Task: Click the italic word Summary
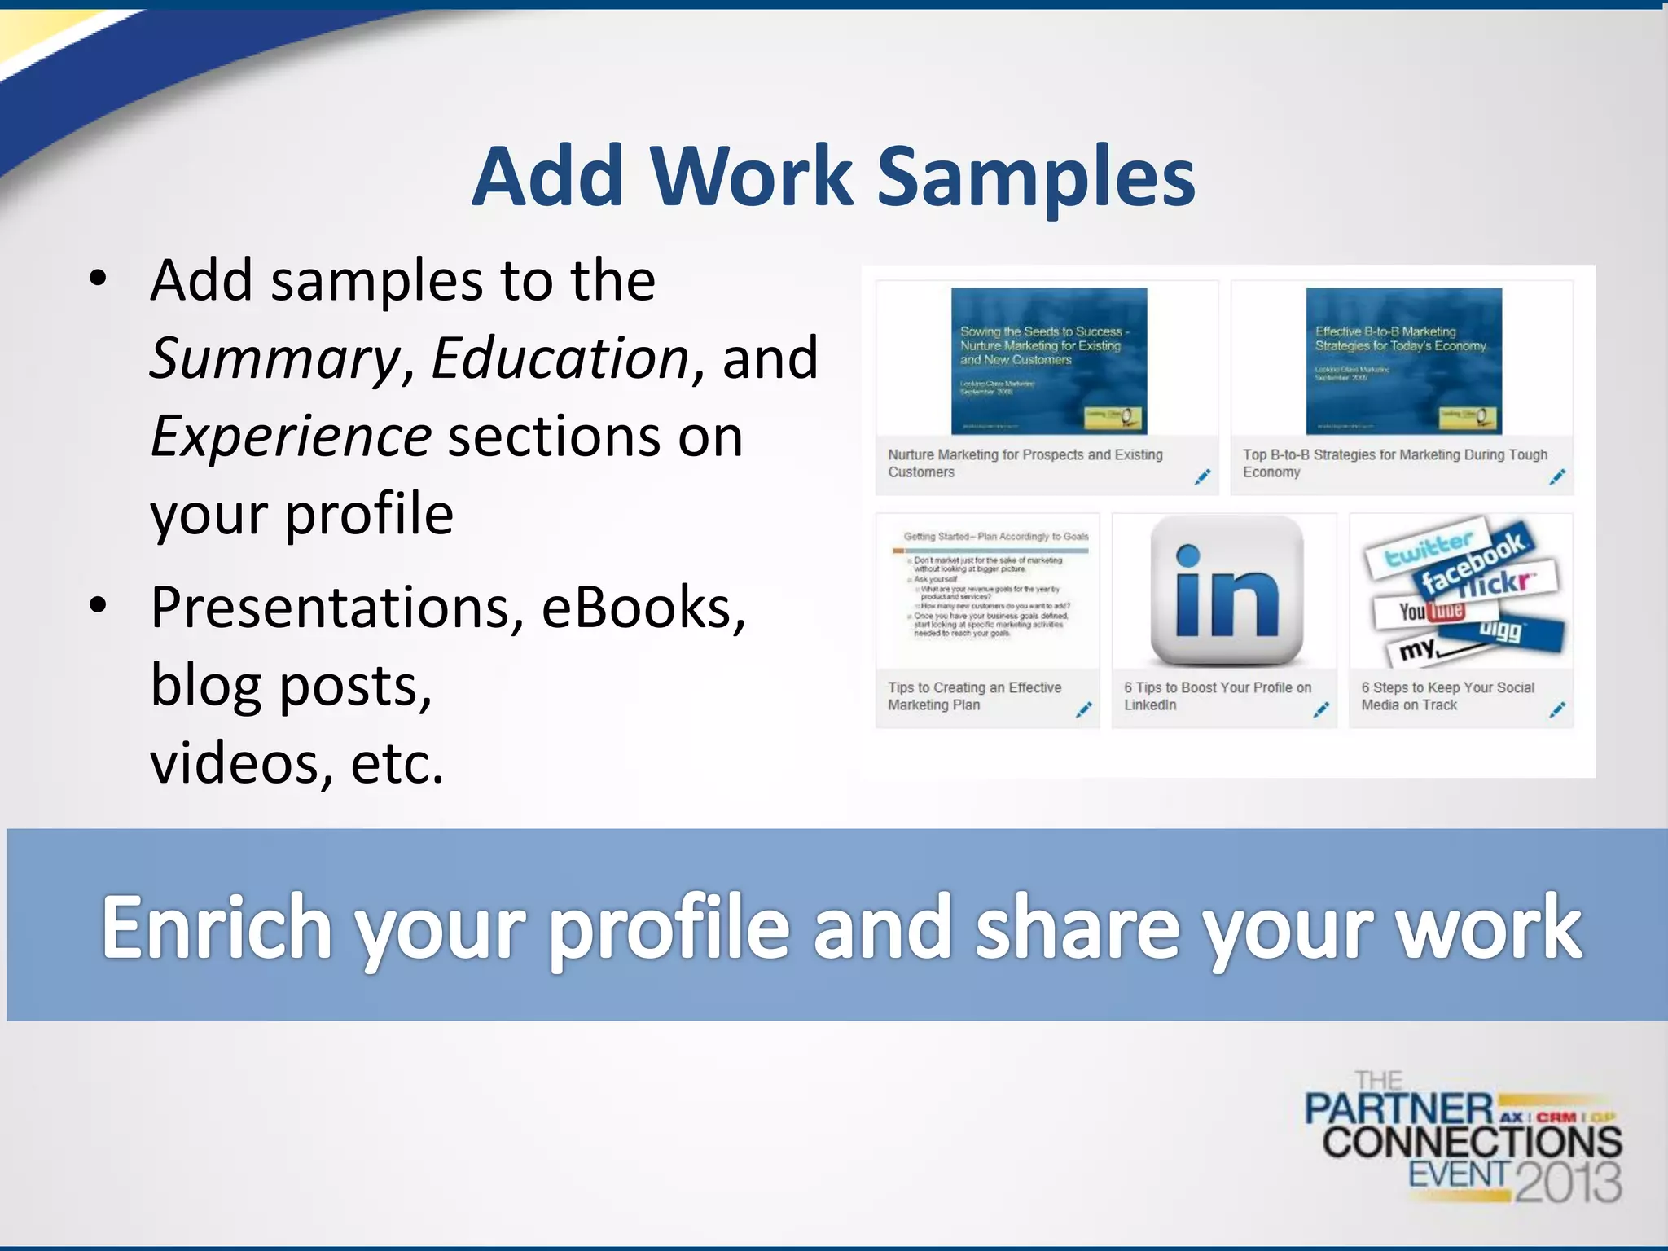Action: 274,358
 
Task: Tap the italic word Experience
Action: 291,437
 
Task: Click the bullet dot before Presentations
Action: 99,606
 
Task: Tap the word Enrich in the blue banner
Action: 217,927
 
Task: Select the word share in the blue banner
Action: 1077,927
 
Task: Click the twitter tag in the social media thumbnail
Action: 1429,550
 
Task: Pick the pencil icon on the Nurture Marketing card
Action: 1202,477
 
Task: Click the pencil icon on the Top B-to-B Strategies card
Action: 1557,477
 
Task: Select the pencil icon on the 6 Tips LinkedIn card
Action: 1321,710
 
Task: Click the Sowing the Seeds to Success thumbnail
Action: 1049,360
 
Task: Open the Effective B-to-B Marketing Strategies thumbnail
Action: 1403,360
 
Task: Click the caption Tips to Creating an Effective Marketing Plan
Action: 974,696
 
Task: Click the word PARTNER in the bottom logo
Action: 1398,1109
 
